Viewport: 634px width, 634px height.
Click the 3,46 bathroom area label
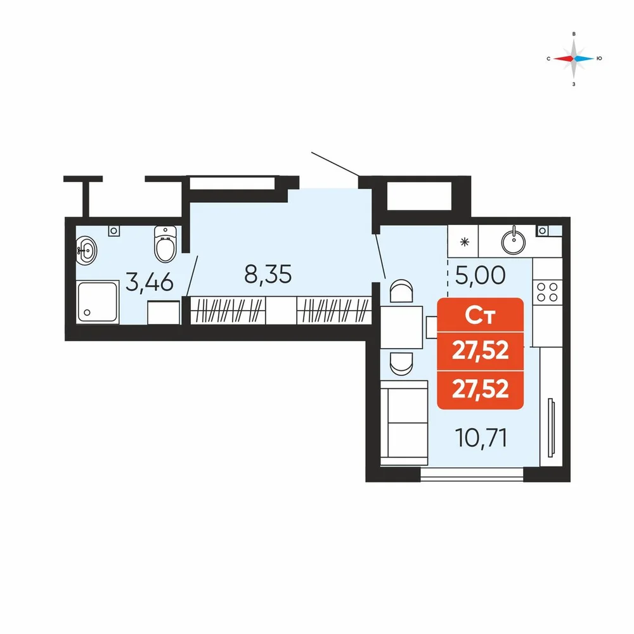150,282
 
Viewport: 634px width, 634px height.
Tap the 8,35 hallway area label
268,275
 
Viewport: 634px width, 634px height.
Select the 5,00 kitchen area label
481,275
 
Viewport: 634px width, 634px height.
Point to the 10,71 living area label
481,437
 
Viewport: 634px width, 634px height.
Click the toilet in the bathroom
165,244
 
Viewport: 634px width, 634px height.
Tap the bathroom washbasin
86,250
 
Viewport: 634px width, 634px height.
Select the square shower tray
98,302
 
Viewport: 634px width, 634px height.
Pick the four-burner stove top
547,292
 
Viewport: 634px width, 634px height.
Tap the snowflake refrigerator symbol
465,243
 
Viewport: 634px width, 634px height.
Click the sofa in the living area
404,423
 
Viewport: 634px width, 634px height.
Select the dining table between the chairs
401,328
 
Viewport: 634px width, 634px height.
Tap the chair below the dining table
401,363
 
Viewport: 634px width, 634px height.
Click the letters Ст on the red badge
481,315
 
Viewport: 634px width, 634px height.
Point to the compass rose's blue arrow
585,58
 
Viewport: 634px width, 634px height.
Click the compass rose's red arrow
564,58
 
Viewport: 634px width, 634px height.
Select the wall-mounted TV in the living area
550,428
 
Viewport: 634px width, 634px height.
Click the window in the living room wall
472,474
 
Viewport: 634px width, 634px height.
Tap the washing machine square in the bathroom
164,312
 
